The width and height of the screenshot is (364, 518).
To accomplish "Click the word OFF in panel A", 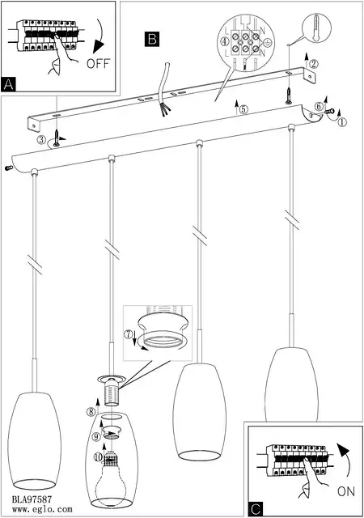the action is (98, 63).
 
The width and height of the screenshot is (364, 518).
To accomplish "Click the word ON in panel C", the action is (346, 491).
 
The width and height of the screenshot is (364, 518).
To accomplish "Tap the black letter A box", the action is (8, 84).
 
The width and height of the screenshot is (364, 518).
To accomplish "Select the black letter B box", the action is (152, 39).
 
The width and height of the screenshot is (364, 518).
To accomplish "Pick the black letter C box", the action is (256, 509).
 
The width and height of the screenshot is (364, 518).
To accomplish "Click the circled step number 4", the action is (225, 41).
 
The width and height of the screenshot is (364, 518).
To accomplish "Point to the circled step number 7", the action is (128, 334).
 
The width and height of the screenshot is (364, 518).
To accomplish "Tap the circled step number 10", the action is (98, 456).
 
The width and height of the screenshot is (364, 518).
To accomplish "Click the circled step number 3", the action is (41, 140).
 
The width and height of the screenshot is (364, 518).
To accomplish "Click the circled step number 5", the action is (243, 110).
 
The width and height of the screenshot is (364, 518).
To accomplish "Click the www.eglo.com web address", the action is (42, 509).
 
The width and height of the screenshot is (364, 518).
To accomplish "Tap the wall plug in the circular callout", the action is (316, 28).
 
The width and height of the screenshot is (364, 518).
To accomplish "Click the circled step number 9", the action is (95, 437).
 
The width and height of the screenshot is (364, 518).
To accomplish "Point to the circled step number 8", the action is (91, 412).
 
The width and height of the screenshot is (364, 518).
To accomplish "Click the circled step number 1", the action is (342, 122).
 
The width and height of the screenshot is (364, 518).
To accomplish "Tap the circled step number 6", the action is (319, 106).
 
